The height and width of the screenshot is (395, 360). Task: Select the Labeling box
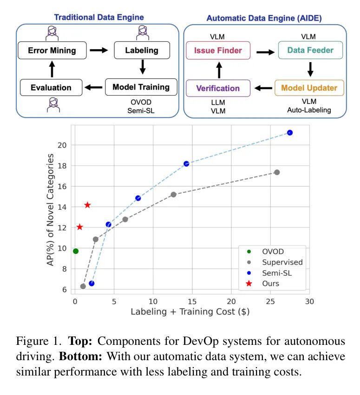click(x=142, y=50)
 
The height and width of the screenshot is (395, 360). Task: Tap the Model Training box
click(x=141, y=87)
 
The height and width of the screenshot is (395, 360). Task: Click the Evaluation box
click(x=51, y=87)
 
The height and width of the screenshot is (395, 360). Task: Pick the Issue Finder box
click(x=218, y=51)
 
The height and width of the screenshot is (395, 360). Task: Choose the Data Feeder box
click(x=310, y=51)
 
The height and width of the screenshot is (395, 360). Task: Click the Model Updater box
click(x=309, y=88)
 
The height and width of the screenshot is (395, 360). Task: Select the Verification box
click(x=218, y=88)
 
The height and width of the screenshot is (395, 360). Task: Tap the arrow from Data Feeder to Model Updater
click(x=310, y=69)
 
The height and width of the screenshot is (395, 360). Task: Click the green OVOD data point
click(x=76, y=251)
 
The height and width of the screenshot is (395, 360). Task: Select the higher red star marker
click(x=87, y=205)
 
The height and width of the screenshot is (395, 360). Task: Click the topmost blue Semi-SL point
click(x=290, y=133)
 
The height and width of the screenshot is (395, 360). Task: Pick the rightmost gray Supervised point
click(x=277, y=172)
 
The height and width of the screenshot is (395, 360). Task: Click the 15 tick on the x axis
click(x=192, y=301)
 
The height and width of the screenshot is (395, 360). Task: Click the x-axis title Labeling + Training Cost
click(x=190, y=312)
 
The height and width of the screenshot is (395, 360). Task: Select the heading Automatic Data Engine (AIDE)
click(x=264, y=19)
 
